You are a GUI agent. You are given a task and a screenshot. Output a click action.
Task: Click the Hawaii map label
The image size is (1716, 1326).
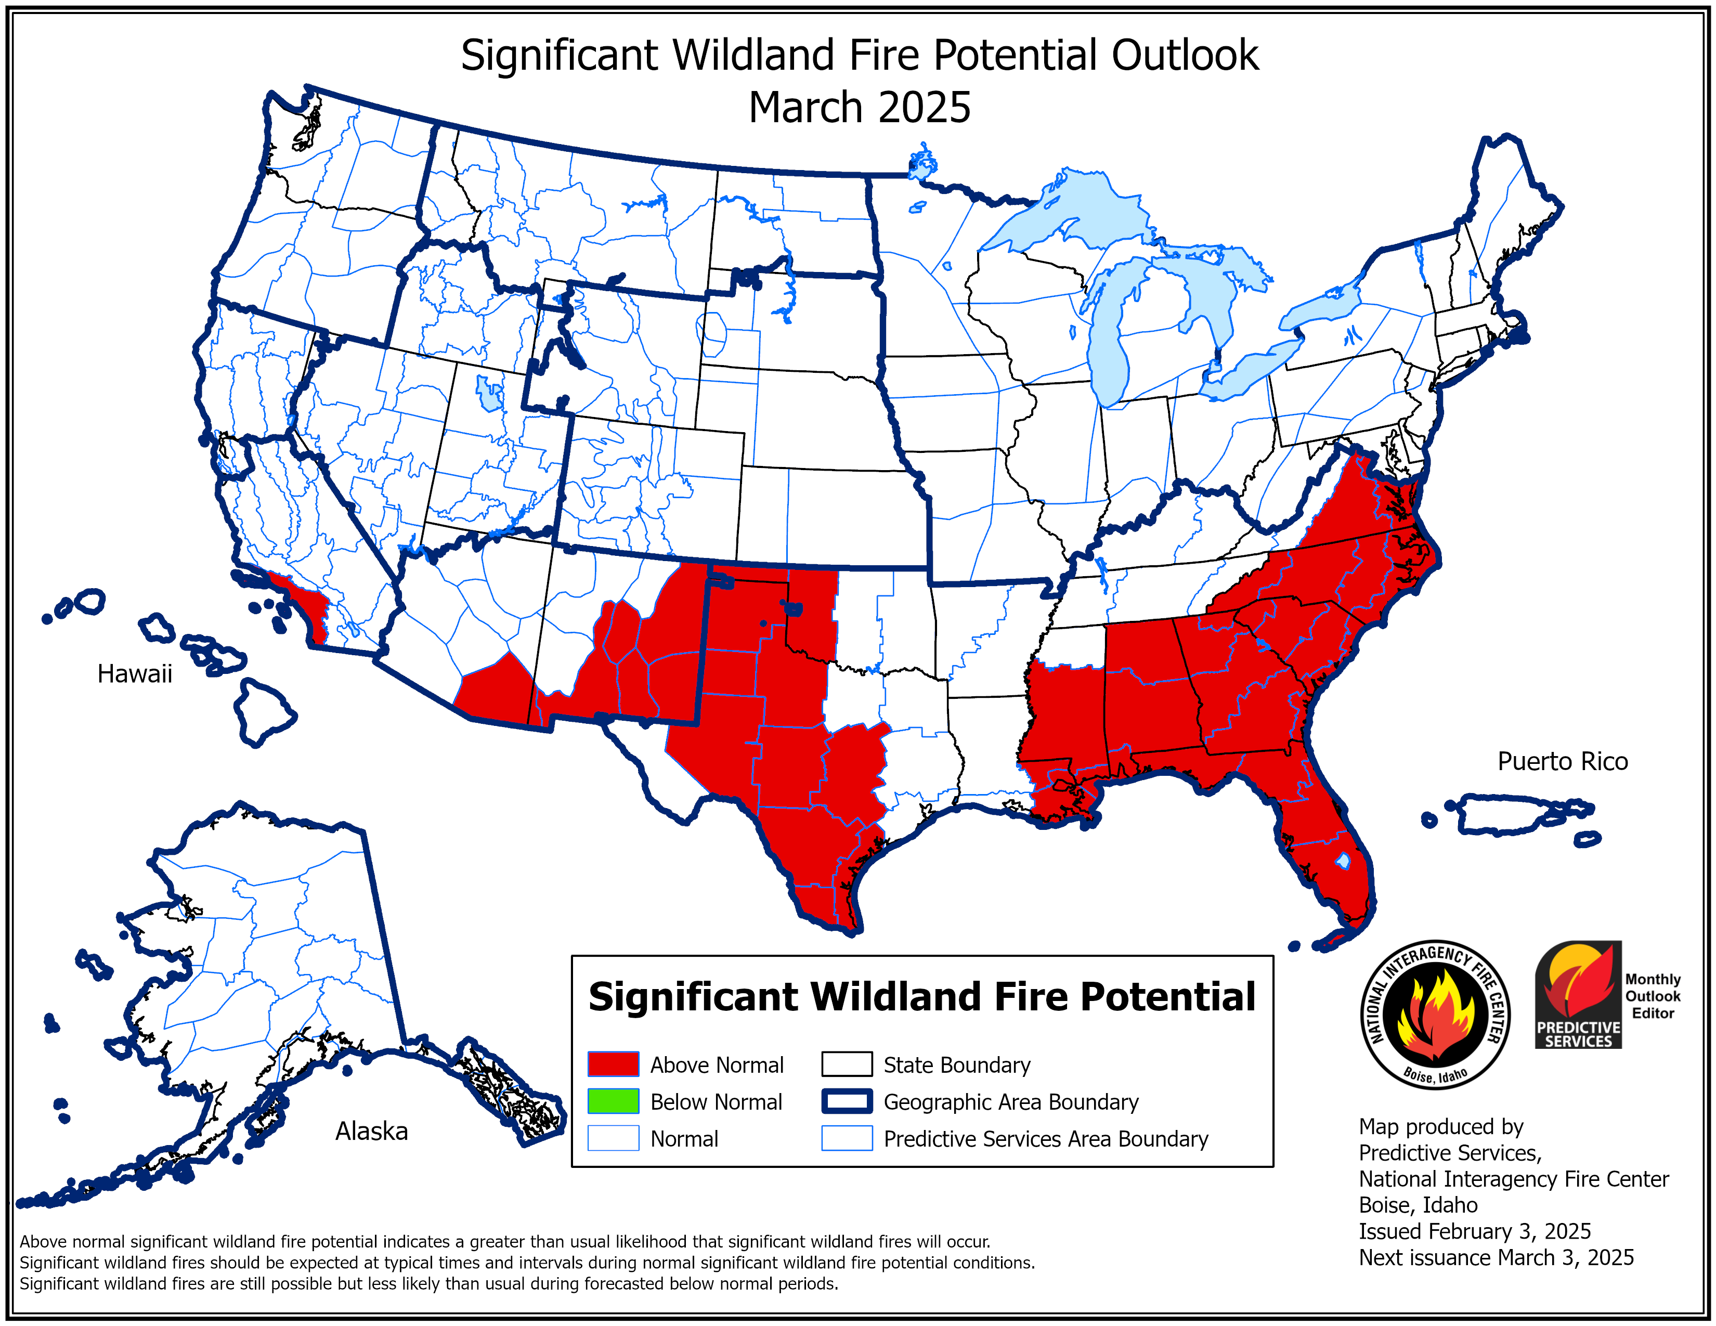click(134, 674)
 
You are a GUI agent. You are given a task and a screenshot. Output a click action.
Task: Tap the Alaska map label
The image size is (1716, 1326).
click(372, 1131)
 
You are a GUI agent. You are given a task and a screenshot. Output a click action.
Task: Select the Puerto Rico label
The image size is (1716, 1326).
click(1562, 761)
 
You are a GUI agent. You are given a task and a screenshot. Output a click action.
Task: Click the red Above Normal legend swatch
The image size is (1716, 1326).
click(613, 1064)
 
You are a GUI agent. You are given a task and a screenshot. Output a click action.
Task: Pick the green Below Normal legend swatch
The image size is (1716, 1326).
click(613, 1101)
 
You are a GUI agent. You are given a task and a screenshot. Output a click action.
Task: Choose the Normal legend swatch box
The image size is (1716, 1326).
click(613, 1138)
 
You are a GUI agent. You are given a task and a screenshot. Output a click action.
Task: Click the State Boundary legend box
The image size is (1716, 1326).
click(846, 1064)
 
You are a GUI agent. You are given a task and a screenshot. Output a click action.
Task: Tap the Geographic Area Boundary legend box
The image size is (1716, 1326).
click(846, 1101)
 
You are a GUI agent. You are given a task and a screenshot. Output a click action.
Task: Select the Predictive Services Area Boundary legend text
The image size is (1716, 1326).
click(1045, 1139)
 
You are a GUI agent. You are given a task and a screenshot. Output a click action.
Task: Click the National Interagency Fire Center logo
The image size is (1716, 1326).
click(1435, 1014)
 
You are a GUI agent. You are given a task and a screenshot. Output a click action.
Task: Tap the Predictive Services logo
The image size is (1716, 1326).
click(1578, 994)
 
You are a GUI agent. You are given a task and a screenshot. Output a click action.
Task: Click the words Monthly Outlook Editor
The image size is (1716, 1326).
click(1653, 996)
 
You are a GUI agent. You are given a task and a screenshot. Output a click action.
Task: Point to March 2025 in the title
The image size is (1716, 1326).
click(859, 108)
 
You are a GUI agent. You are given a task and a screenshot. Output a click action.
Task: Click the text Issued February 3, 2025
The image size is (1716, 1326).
click(1474, 1231)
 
